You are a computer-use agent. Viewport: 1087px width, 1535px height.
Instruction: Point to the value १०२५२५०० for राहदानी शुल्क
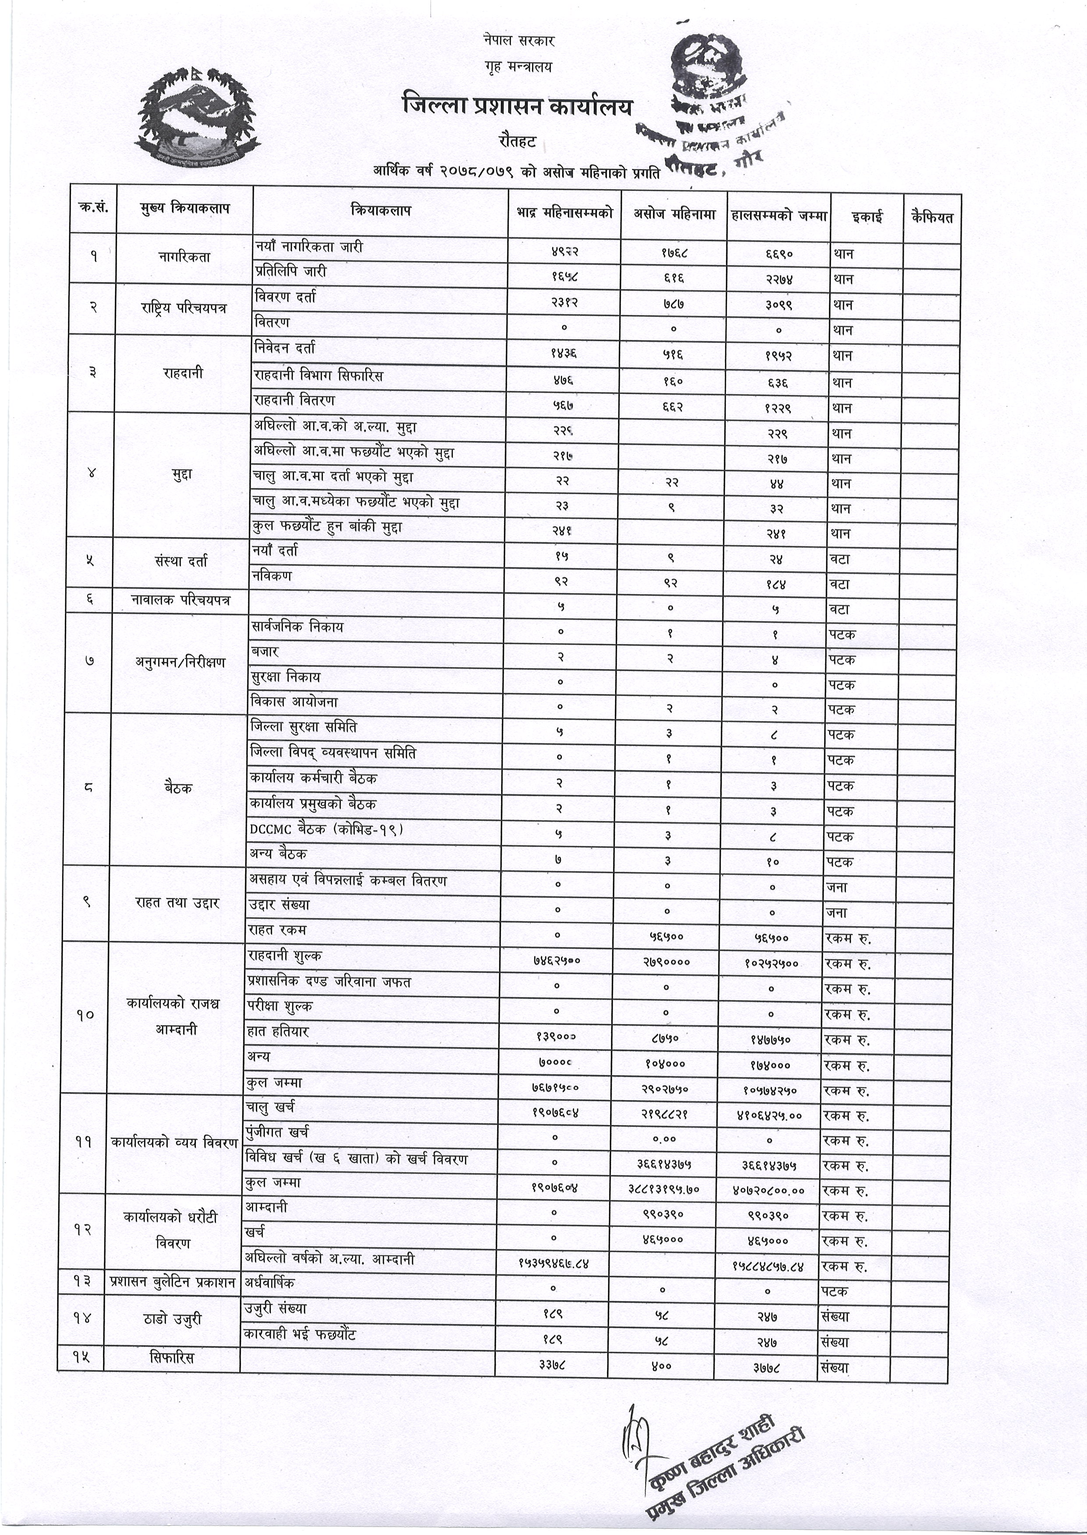click(771, 964)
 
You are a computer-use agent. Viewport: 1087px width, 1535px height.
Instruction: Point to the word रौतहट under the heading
click(517, 141)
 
